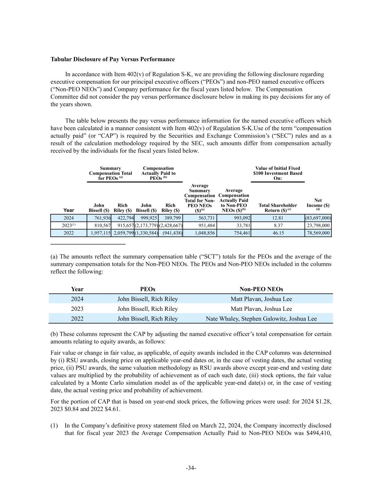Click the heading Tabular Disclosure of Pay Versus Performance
[x=112, y=59]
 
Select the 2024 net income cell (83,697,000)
[x=318, y=218]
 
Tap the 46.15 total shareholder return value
[x=278, y=233]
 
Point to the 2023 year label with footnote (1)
[x=68, y=226]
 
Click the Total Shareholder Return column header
[x=278, y=207]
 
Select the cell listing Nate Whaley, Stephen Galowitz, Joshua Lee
[x=261, y=319]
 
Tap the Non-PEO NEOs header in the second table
[x=261, y=289]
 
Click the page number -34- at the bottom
[x=191, y=468]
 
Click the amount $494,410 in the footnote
[x=319, y=433]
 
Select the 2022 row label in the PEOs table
[x=77, y=319]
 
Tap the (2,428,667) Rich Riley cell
[x=171, y=226]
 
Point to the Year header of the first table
[x=68, y=210]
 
